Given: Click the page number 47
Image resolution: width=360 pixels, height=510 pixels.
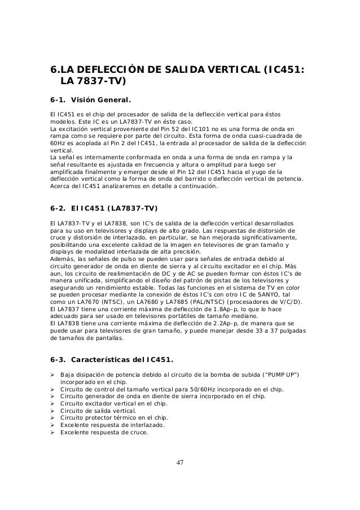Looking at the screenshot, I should [x=180, y=463].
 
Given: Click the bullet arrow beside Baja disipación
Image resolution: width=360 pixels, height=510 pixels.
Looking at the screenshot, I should [x=53, y=375].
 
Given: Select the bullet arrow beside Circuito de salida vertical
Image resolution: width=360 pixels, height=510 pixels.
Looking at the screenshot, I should [x=53, y=411].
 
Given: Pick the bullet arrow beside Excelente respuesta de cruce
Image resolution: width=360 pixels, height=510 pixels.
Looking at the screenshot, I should [x=53, y=433].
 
